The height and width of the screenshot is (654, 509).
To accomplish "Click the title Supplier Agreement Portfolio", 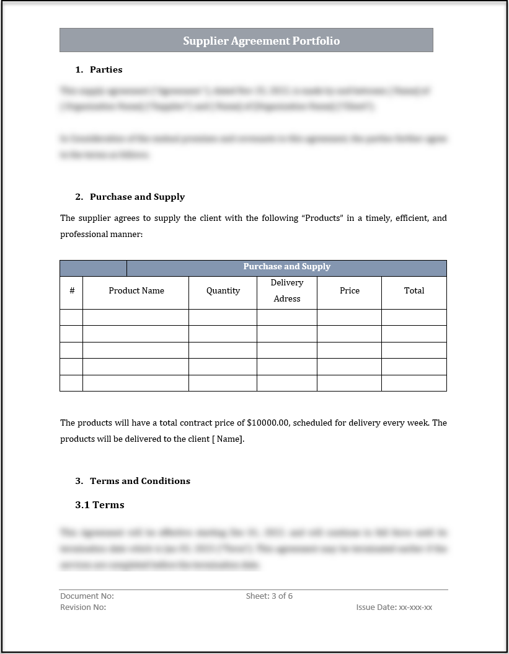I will (x=261, y=41).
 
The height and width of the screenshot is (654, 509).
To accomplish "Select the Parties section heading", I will (x=106, y=69).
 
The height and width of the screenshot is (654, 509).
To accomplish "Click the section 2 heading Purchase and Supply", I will (x=137, y=197).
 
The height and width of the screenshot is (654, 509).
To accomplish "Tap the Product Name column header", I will (x=136, y=290).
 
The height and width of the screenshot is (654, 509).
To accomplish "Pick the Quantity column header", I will (x=223, y=290).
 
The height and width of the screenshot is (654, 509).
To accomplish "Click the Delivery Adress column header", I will (x=287, y=290).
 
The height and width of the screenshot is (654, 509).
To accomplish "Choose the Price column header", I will (x=350, y=290).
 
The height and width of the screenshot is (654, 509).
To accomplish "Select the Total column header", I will (x=414, y=290).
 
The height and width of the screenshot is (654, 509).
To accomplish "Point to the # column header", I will (x=72, y=290).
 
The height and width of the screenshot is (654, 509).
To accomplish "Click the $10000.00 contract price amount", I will (x=268, y=423).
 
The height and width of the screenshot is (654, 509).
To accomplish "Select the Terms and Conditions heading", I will (x=140, y=481).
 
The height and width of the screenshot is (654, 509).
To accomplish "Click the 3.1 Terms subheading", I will (x=100, y=505).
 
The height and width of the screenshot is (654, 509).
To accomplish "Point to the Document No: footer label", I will (x=87, y=596).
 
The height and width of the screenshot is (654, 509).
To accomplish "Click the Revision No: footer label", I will (x=83, y=607).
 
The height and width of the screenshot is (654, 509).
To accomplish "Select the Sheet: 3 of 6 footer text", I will (x=269, y=596).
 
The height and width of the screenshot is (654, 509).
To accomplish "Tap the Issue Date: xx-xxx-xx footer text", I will (x=394, y=607).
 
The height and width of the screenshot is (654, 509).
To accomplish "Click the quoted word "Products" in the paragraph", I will (x=322, y=218).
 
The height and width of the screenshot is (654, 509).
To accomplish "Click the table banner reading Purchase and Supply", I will (x=286, y=267).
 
